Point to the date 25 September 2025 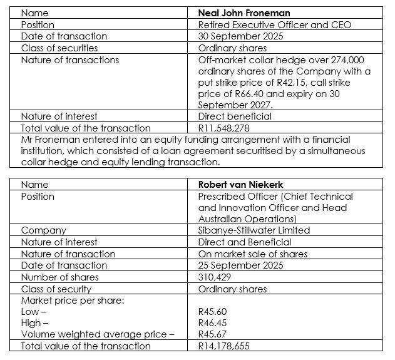(240, 265)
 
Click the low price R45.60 (212, 311)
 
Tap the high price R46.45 (212, 322)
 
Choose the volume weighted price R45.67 (212, 334)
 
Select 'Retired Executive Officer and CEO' (274, 24)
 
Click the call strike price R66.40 (238, 94)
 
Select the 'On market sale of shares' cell (252, 254)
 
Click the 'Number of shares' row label (60, 277)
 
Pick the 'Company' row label (44, 230)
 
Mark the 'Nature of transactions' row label (69, 59)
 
